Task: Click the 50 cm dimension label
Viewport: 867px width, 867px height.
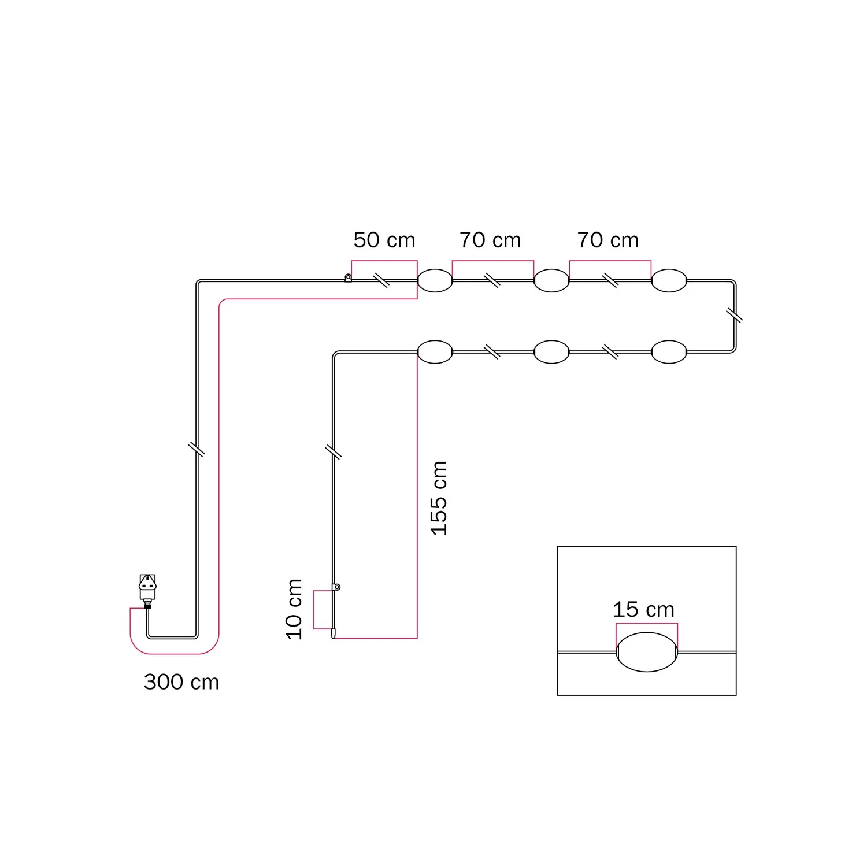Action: pos(384,240)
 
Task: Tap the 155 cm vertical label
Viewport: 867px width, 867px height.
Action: pos(439,498)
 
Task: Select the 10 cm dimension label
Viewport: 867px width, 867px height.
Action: pos(294,609)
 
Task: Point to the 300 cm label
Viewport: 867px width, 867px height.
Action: pos(181,682)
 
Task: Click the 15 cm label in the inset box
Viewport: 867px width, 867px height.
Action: pos(643,609)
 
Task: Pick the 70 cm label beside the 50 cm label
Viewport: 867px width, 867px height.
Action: pos(490,240)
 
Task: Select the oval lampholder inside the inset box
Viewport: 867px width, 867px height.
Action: pos(647,652)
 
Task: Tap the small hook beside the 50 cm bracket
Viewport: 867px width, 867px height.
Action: pos(348,278)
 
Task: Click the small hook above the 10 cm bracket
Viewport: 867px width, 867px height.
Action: pos(337,587)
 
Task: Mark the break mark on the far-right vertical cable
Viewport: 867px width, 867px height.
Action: pos(734,316)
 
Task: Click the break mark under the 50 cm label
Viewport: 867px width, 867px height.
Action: pos(381,280)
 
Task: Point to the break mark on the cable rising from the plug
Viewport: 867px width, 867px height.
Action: pos(197,449)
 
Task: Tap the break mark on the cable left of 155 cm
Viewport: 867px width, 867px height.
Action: pos(334,451)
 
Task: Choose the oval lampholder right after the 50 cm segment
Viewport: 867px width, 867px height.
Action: pos(435,281)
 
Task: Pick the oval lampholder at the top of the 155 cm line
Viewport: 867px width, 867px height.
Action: pos(435,352)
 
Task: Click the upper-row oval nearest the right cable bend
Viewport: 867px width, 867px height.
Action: pos(669,281)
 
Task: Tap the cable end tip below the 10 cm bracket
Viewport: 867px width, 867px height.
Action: pos(334,636)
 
